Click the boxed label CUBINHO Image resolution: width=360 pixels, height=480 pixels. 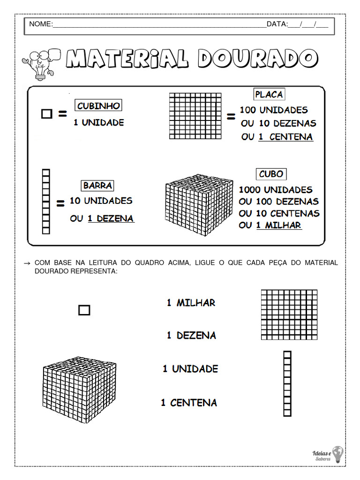98,106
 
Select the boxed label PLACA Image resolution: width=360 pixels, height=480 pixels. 269,94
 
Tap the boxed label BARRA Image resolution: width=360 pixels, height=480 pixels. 97,186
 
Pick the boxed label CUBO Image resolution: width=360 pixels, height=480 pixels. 271,174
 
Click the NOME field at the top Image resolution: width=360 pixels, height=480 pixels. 159,24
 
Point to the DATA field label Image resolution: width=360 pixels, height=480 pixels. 277,24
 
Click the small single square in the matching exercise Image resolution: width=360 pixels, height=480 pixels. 84,310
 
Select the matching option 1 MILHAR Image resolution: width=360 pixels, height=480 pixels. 191,303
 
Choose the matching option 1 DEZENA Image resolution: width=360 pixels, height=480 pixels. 191,336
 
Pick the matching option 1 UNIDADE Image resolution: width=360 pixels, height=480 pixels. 190,369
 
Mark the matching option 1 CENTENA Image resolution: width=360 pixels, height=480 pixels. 189,403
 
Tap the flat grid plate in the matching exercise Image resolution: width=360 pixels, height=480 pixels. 289,314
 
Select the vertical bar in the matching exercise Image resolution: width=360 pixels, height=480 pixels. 287,383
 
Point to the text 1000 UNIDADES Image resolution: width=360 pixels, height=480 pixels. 276,190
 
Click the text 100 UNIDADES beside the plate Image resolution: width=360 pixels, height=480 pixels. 274,110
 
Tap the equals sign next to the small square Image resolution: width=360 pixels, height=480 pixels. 62,113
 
